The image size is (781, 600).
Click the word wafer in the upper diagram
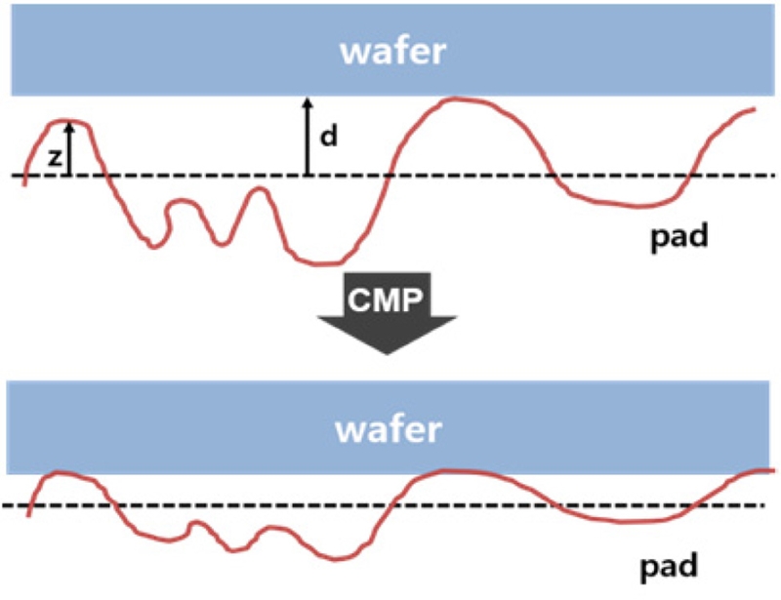pyautogui.click(x=393, y=50)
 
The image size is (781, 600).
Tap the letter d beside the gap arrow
pyautogui.click(x=329, y=136)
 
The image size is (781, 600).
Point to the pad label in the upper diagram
pyautogui.click(x=679, y=234)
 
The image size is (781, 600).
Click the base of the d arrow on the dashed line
pyautogui.click(x=307, y=176)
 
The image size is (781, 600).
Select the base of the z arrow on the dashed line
pyautogui.click(x=69, y=176)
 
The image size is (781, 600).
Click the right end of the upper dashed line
pyautogui.click(x=759, y=176)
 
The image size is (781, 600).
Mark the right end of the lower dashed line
pyautogui.click(x=759, y=505)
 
